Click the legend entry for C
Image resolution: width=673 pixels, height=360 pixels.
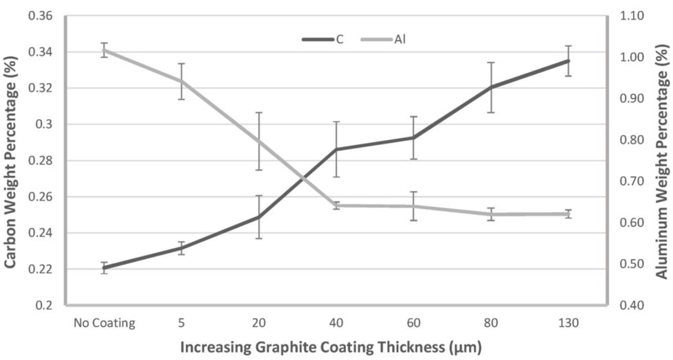[x=323, y=39]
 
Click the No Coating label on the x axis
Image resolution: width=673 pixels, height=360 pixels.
[x=104, y=322]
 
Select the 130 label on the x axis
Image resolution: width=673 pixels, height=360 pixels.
[x=568, y=322]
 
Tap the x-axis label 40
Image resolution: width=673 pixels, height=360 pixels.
[x=336, y=322]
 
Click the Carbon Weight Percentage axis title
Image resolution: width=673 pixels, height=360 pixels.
[x=12, y=159]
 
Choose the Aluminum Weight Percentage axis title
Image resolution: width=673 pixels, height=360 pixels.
[x=661, y=159]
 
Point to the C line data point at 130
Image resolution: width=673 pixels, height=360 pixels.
[x=568, y=60]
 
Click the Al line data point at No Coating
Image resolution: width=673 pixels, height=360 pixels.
[x=104, y=50]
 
